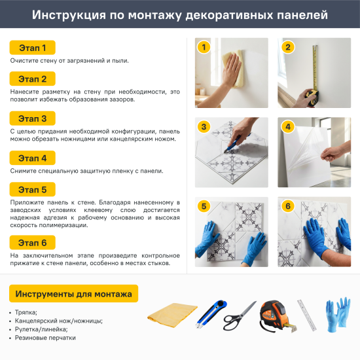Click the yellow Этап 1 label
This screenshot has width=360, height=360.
coord(32,48)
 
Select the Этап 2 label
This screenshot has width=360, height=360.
coord(32,79)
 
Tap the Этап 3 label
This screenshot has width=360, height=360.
coord(32,118)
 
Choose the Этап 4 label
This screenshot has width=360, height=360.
coord(32,158)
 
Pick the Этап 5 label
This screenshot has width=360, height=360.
coord(32,190)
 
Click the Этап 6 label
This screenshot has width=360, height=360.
coord(32,242)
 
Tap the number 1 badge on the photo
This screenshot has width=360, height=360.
coord(204,47)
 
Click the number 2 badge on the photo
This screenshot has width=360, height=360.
coord(286,47)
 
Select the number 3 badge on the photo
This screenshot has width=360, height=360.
coord(204,127)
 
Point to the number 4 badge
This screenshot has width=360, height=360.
coord(286,127)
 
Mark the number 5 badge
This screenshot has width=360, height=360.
coord(204,207)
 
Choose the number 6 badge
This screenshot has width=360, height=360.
coord(286,207)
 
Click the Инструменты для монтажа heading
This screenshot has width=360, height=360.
coord(73,294)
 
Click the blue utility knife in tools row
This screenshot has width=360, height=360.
coord(211,314)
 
